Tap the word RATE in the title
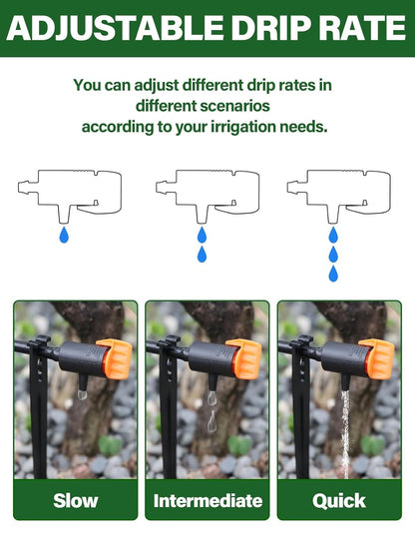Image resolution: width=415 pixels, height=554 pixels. [x=358, y=28]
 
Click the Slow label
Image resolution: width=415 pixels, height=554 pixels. [x=76, y=500]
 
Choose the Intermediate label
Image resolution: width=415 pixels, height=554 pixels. [x=207, y=500]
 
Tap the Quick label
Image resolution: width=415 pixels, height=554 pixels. [x=339, y=500]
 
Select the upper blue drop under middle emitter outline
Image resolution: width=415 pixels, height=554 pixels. [x=202, y=236]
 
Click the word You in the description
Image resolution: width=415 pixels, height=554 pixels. [x=88, y=85]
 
